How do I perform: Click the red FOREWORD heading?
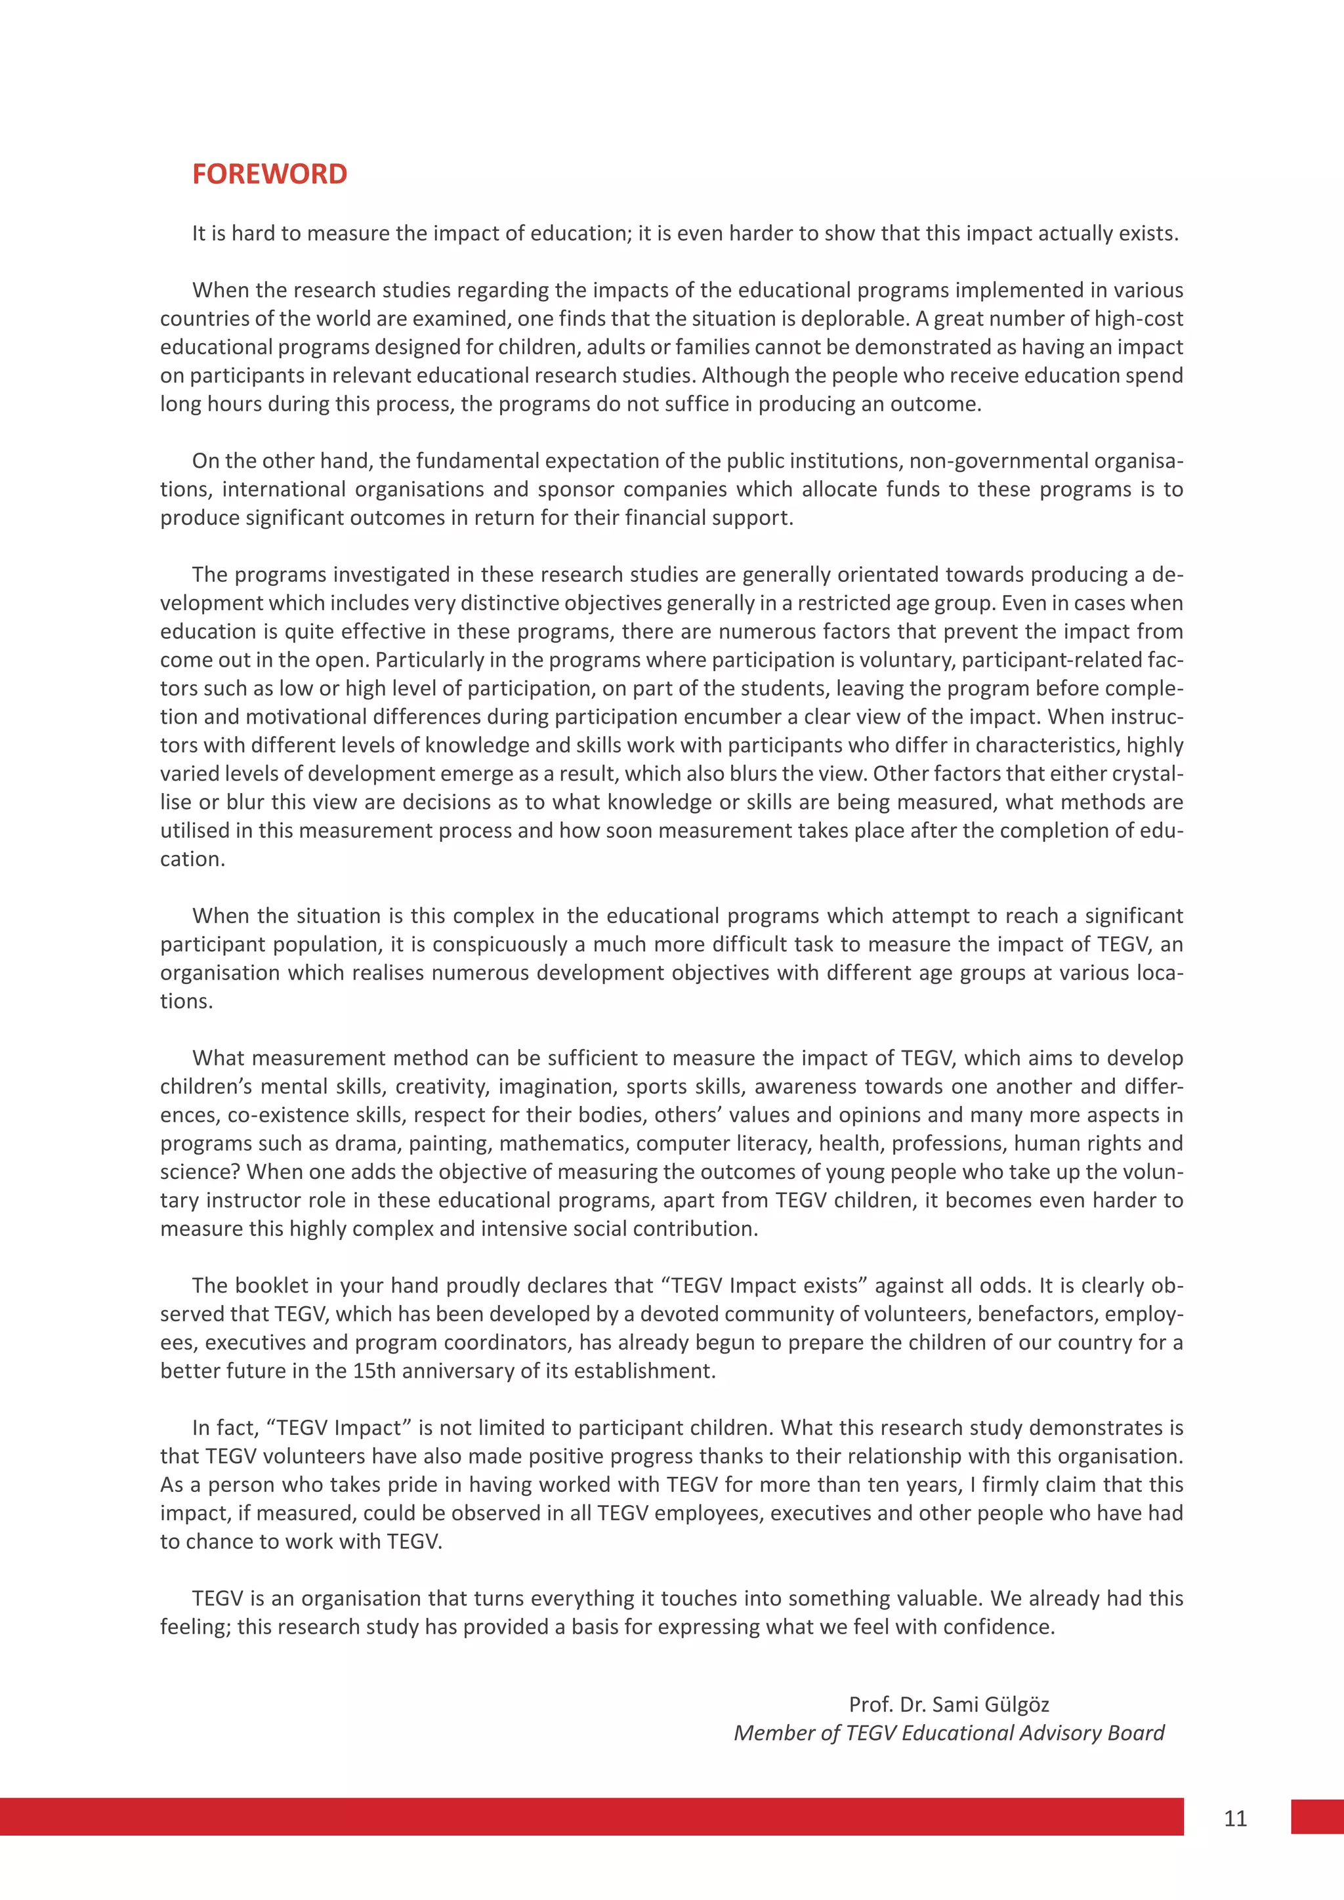pyautogui.click(x=269, y=174)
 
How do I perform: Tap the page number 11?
pyautogui.click(x=1235, y=1818)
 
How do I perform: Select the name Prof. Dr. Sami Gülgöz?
pyautogui.click(x=948, y=1704)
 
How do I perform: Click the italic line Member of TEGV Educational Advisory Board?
pyautogui.click(x=948, y=1733)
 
